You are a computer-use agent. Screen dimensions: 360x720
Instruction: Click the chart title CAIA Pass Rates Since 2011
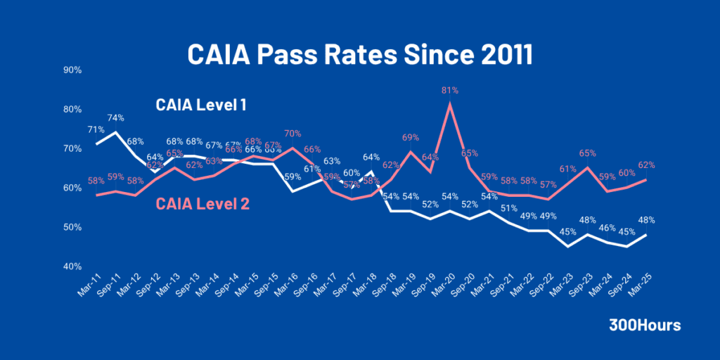[x=359, y=54]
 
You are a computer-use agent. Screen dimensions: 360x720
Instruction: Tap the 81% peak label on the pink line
[x=450, y=90]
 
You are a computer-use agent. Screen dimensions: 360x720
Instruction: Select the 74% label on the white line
[x=116, y=117]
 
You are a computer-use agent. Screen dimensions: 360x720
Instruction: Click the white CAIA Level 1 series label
[x=200, y=105]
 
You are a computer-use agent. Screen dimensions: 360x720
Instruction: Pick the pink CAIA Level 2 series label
[x=202, y=204]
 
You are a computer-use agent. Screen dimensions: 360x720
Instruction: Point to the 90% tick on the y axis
[x=72, y=70]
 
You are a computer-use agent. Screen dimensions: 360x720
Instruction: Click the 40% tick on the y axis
[x=72, y=266]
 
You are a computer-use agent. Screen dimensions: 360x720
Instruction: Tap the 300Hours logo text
[x=645, y=326]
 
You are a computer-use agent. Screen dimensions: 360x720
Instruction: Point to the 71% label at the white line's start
[x=96, y=129]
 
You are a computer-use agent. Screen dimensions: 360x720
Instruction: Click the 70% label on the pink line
[x=292, y=133]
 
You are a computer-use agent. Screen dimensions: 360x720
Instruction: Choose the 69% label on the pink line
[x=411, y=137]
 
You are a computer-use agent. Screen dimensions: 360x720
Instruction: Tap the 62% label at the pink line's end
[x=646, y=165]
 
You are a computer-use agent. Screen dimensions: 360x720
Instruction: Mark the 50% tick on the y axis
[x=72, y=227]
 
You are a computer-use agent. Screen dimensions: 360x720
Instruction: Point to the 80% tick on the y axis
[x=72, y=109]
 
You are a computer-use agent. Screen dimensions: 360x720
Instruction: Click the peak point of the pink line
[x=450, y=104]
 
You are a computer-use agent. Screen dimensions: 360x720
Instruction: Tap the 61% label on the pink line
[x=568, y=169]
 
